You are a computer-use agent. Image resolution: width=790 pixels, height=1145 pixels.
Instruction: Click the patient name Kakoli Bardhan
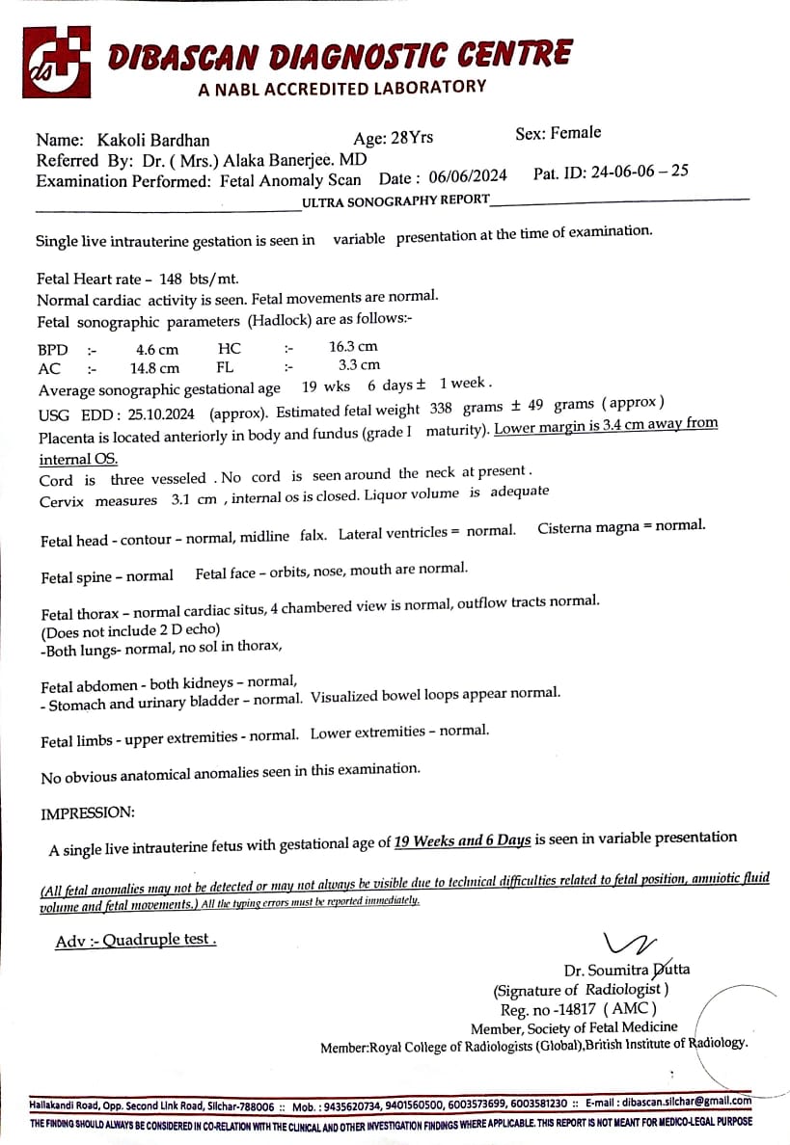coord(153,140)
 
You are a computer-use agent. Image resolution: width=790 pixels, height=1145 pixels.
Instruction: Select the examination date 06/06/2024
coord(468,176)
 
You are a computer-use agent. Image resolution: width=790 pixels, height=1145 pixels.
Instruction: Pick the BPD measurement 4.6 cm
coord(157,350)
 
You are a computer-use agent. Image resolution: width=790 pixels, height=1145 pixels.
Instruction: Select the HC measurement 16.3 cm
coord(353,346)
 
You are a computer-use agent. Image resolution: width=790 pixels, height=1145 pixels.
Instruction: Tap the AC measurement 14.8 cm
coord(154,368)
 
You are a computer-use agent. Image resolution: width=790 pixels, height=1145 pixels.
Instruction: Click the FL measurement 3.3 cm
coord(359,365)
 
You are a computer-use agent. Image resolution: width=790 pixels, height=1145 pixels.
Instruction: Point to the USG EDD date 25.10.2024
coord(159,413)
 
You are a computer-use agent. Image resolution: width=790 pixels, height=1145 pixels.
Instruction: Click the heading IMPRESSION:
coord(88,813)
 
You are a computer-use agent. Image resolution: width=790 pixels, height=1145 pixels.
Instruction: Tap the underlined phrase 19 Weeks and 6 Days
coord(463,840)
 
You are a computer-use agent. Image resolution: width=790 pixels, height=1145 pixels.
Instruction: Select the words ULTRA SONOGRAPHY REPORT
coord(395,200)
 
